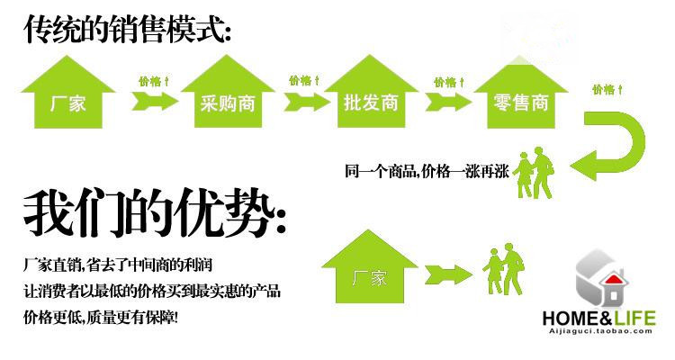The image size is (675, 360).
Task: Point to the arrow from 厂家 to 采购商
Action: coord(149,102)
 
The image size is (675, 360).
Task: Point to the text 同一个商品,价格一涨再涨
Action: coord(427,170)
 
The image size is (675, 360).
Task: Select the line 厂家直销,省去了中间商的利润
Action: coord(118,265)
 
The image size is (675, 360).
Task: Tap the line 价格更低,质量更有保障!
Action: coord(101,317)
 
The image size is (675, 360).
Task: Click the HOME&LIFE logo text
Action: coord(599,318)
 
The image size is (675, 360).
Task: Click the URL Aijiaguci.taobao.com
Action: coord(599,331)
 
